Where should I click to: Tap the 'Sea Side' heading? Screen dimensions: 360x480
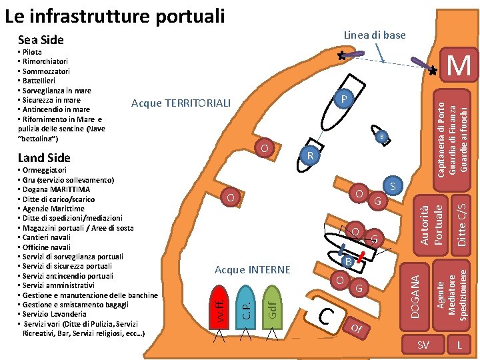[x=41, y=40]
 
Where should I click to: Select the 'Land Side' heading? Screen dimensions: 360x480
[x=44, y=158]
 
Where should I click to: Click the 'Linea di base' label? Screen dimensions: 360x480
[x=374, y=35]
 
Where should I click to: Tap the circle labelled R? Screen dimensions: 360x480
[x=309, y=156]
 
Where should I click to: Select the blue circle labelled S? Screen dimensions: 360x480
[x=393, y=187]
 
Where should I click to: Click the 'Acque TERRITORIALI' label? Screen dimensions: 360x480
[x=181, y=103]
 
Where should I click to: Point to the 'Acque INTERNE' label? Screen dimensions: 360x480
[x=253, y=269]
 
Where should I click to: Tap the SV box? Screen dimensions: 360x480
[x=423, y=345]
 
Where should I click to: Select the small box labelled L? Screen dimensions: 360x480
[x=459, y=345]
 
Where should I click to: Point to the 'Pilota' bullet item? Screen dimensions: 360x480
[x=31, y=52]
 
